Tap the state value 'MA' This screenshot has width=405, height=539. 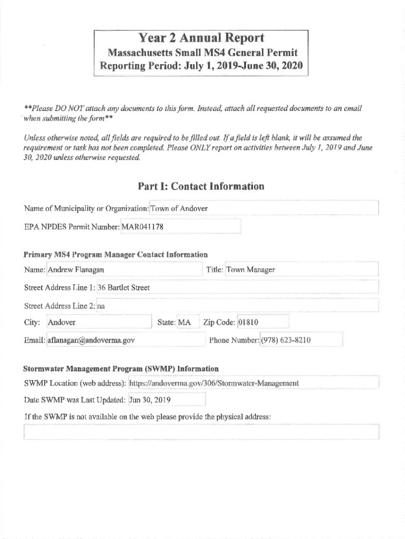[185, 322]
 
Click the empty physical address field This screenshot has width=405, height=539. [201, 432]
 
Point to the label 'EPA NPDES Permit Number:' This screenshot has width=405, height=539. [72, 227]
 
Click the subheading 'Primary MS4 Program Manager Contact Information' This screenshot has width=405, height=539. [116, 255]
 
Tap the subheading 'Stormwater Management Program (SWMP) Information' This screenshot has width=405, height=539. [121, 368]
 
